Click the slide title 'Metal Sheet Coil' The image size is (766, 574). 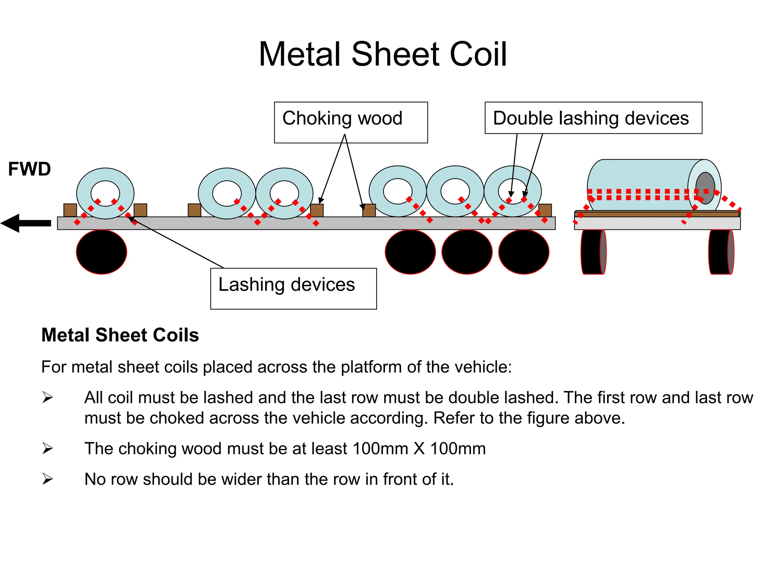click(x=383, y=55)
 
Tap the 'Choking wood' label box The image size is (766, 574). click(x=351, y=123)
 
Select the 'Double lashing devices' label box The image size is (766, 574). click(x=593, y=118)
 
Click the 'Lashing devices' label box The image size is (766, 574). click(x=294, y=288)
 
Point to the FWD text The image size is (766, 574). click(x=30, y=169)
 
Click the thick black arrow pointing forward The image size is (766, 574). click(x=26, y=223)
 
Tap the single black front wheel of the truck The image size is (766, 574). click(x=101, y=252)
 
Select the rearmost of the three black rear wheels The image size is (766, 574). click(x=524, y=252)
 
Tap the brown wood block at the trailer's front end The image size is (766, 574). click(x=70, y=210)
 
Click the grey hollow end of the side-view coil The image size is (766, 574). click(x=705, y=188)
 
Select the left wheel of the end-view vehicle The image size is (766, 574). click(x=594, y=252)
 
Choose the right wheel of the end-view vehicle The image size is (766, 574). click(x=721, y=252)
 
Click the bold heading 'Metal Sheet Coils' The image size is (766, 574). click(x=120, y=335)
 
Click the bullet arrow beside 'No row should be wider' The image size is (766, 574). click(x=48, y=479)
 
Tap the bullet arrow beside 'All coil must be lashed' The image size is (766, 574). click(x=48, y=397)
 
